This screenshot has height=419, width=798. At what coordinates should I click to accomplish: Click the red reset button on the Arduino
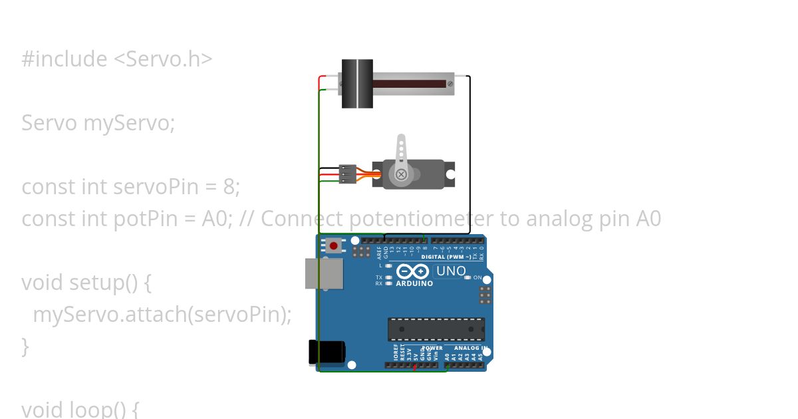pos(333,246)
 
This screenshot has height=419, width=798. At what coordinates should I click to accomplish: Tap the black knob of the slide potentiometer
pos(357,84)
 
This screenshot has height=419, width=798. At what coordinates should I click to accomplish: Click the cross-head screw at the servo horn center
pos(401,174)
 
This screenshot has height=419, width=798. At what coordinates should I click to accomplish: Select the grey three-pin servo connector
pos(348,174)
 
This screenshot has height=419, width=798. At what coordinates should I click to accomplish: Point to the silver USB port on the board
pos(324,273)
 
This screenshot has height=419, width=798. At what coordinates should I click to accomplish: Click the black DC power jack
pos(327,352)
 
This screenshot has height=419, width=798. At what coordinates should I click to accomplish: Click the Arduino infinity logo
pos(412,271)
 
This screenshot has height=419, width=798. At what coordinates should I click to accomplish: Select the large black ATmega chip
pos(436,329)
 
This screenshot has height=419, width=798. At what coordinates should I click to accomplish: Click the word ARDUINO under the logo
pos(414,283)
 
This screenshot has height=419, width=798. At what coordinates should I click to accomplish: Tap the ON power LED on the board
pos(468,277)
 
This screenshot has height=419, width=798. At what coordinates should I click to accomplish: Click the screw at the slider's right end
pos(450,84)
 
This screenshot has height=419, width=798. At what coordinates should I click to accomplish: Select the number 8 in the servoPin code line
pos(230,187)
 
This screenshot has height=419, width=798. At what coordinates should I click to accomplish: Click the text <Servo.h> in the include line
pos(163,59)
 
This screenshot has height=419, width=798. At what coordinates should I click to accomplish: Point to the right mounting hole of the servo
pos(450,174)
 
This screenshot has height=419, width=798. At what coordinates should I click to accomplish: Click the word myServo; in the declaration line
pos(129,123)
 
